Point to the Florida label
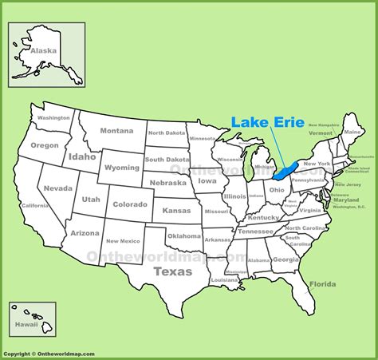point(323,283)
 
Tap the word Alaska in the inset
point(43,49)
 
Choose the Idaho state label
point(81,157)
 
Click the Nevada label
point(57,188)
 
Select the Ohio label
point(276,190)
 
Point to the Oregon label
point(45,145)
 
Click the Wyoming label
point(121,168)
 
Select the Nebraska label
point(168,183)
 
